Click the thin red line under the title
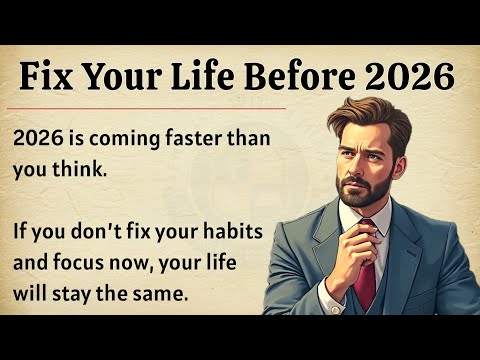pos(150,107)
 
